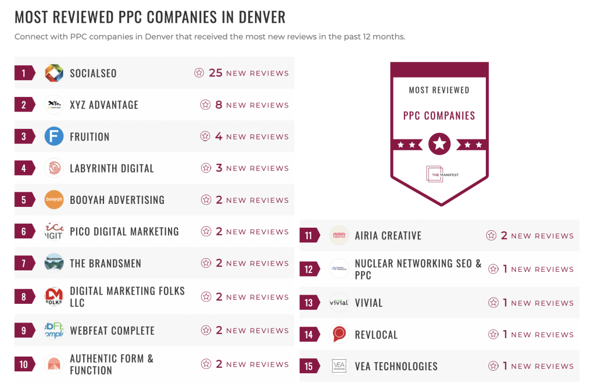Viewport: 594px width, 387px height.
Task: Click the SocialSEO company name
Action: pos(93,73)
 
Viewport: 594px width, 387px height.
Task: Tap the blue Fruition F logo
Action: pos(54,136)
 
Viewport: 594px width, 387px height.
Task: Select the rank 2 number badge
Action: pos(24,105)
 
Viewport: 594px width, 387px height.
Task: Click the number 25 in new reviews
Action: pos(215,73)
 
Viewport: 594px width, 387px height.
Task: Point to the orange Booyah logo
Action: pos(54,200)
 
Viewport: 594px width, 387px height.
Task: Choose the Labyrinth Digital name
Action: pos(112,168)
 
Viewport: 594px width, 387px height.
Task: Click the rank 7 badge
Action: pos(24,263)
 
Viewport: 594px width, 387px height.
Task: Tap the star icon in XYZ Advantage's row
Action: pos(205,105)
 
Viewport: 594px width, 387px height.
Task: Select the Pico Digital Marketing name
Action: pos(124,232)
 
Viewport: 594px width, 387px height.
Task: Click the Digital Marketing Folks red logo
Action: pos(54,296)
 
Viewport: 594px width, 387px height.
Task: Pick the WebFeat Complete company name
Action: pos(112,331)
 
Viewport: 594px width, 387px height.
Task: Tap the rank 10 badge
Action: pos(24,364)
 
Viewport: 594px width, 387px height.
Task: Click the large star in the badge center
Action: pos(439,145)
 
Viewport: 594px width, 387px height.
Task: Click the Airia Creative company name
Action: pos(388,236)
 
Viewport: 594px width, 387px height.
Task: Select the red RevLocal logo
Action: pos(339,334)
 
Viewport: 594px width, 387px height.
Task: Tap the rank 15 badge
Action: pos(309,366)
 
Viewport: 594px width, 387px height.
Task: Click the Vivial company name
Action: pos(369,303)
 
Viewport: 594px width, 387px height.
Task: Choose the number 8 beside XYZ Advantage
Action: pos(219,105)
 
